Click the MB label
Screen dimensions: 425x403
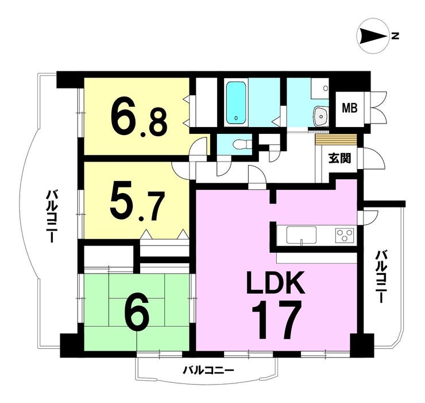350,109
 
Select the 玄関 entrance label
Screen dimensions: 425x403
340,158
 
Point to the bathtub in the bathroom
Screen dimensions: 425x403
236,102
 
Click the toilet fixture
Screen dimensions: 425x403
242,144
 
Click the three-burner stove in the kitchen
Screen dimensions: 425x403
345,235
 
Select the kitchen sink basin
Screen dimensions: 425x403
302,235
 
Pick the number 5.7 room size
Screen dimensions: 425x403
137,205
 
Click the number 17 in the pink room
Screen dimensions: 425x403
277,320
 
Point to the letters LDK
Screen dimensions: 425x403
276,283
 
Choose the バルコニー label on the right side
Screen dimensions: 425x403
381,277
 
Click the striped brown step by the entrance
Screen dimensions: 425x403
335,140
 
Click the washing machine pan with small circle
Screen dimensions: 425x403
320,89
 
